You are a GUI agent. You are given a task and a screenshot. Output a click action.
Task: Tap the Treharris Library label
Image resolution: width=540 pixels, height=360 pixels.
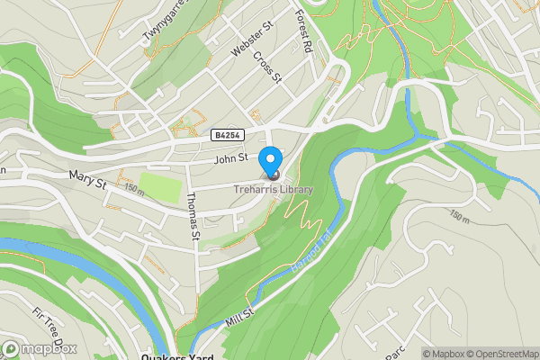coord(274,190)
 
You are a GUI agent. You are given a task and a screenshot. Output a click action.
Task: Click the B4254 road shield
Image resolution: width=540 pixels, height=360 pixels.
coord(226,135)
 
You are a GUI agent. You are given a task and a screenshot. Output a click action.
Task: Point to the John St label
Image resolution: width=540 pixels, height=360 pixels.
coord(230,159)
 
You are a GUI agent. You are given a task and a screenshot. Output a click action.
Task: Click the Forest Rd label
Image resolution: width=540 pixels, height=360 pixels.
coord(303,30)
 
